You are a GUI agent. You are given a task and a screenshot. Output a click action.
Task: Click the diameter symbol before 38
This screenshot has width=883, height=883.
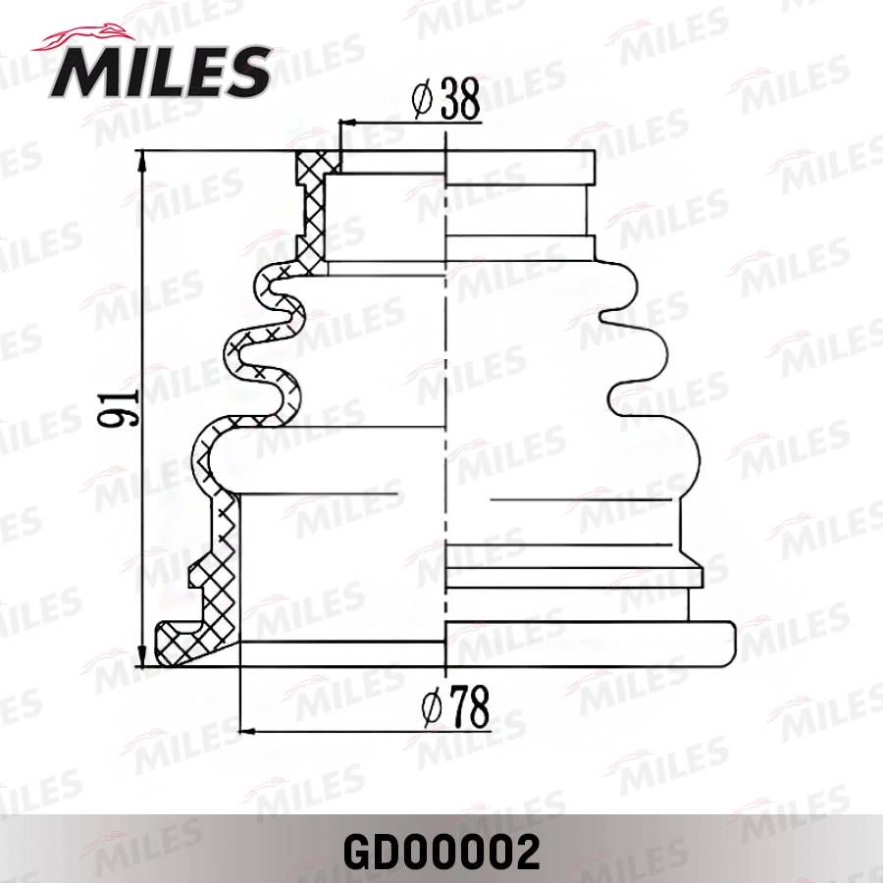click(x=422, y=101)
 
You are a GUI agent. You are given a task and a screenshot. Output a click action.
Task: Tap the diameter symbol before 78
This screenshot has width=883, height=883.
click(x=429, y=708)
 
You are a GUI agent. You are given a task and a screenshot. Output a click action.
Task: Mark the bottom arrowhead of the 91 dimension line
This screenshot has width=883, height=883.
click(x=144, y=657)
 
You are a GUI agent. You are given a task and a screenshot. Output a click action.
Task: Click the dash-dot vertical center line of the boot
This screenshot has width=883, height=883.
click(x=445, y=392)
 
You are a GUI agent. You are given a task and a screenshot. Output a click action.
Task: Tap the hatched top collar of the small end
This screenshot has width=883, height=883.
click(x=313, y=172)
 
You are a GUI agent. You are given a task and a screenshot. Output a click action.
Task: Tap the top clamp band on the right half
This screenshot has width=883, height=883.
click(x=520, y=167)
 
